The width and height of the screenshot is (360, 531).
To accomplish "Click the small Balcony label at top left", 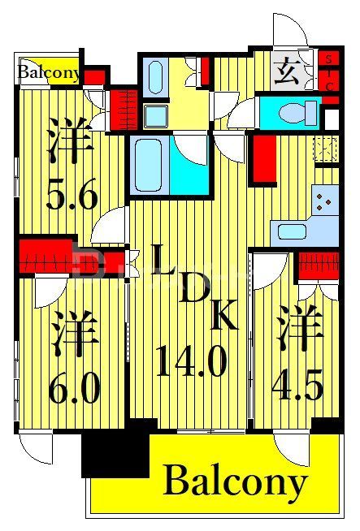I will (x=49, y=73).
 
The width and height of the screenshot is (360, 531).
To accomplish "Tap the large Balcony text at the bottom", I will (x=236, y=482).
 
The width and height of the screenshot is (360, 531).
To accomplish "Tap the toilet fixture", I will (x=290, y=111).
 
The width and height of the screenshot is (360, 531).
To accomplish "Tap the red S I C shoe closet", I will (x=328, y=71).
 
